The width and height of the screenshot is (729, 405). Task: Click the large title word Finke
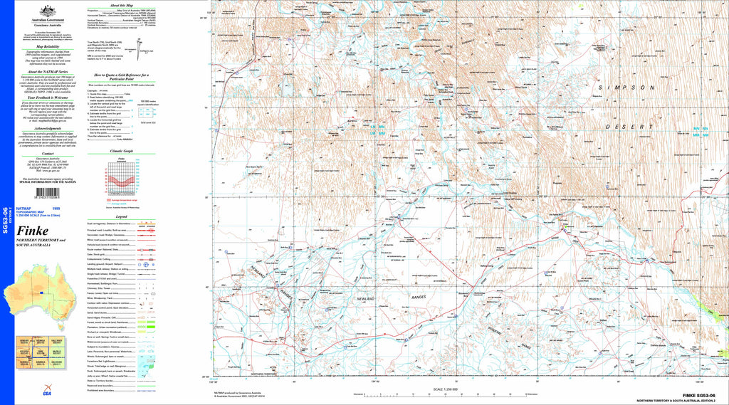point(33,231)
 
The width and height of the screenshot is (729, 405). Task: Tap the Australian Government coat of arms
point(48,10)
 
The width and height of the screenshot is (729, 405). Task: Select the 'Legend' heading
point(122,216)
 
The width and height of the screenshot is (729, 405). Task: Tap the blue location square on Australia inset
point(42,292)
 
